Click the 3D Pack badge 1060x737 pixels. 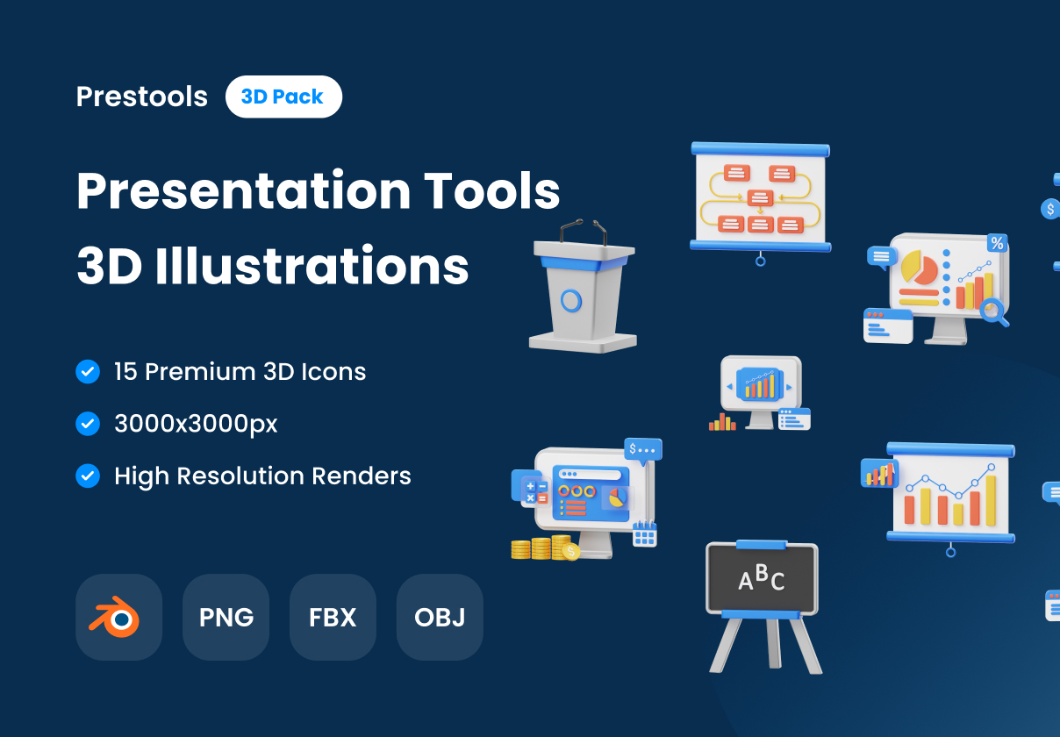pos(283,97)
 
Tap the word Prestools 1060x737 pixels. pos(142,97)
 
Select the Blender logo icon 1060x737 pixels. pos(118,617)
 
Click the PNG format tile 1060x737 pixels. pos(226,617)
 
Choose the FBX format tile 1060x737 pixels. pos(333,617)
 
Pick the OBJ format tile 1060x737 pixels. pos(440,617)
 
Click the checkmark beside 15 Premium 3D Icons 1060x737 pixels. pos(88,372)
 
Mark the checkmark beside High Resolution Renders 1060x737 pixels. pos(88,476)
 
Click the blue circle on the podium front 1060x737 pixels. pos(571,301)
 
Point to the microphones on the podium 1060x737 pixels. pos(583,231)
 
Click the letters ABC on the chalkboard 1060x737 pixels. pos(761,577)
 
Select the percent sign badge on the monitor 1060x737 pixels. pos(997,243)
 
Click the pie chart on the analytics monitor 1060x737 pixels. pos(919,268)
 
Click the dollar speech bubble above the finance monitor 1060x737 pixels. pos(642,449)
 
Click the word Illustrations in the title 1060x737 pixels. pos(312,266)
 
